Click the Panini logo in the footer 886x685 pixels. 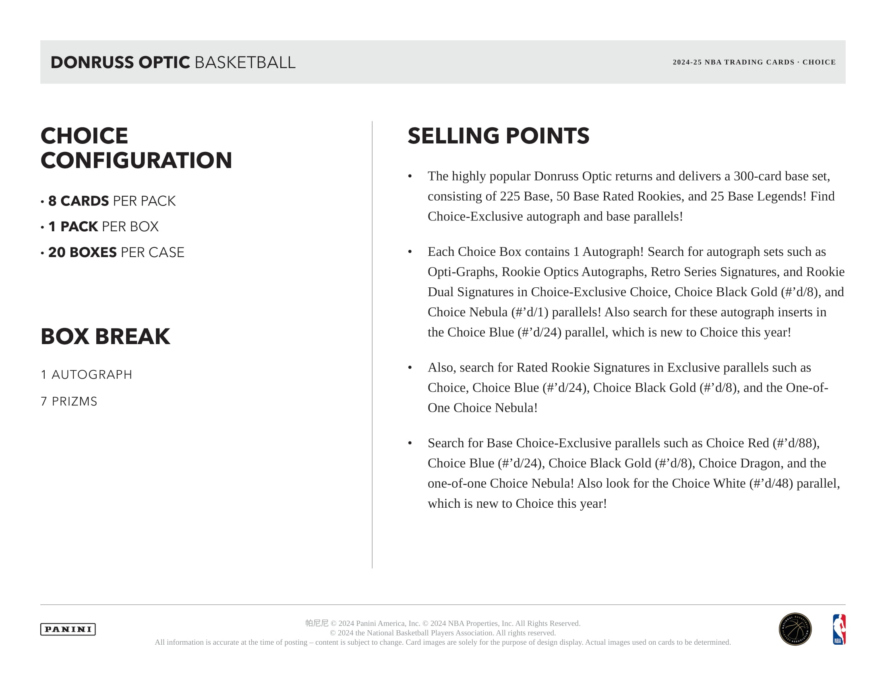coord(68,629)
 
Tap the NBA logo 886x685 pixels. coord(839,629)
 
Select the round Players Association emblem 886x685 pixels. coord(795,629)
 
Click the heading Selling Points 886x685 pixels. coord(498,135)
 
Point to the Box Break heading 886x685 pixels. coord(105,336)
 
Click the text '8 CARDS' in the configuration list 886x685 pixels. coord(78,201)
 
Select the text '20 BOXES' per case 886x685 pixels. coord(82,252)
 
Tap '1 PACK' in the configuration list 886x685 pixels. coord(73,226)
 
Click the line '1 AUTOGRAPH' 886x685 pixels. coord(87,375)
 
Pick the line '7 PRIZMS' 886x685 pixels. coord(69,401)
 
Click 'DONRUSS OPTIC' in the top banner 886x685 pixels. coord(120,62)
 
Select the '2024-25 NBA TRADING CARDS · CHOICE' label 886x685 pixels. coord(754,62)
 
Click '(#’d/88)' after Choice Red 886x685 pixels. coord(795,443)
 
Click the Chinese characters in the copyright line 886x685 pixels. coord(317,623)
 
